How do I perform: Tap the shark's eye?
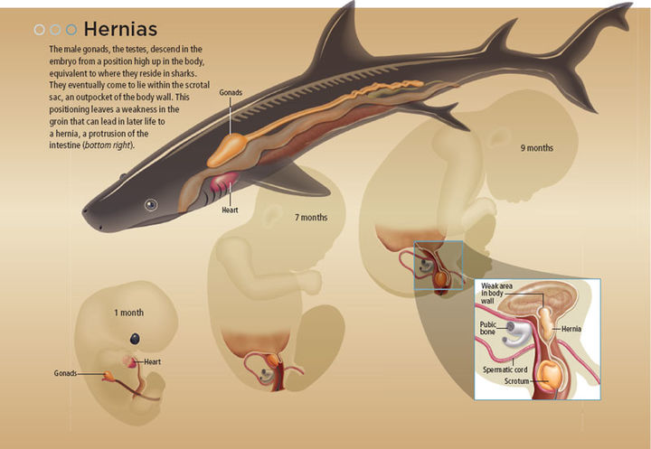(x=150, y=205)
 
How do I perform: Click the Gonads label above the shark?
(x=230, y=91)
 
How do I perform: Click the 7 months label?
(x=310, y=218)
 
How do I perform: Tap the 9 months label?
(x=536, y=147)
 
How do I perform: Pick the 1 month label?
(x=128, y=313)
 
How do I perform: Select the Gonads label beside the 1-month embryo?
(x=65, y=372)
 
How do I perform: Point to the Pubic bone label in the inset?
(x=492, y=326)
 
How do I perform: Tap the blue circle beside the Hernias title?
(x=71, y=29)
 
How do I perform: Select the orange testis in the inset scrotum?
(x=549, y=372)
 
